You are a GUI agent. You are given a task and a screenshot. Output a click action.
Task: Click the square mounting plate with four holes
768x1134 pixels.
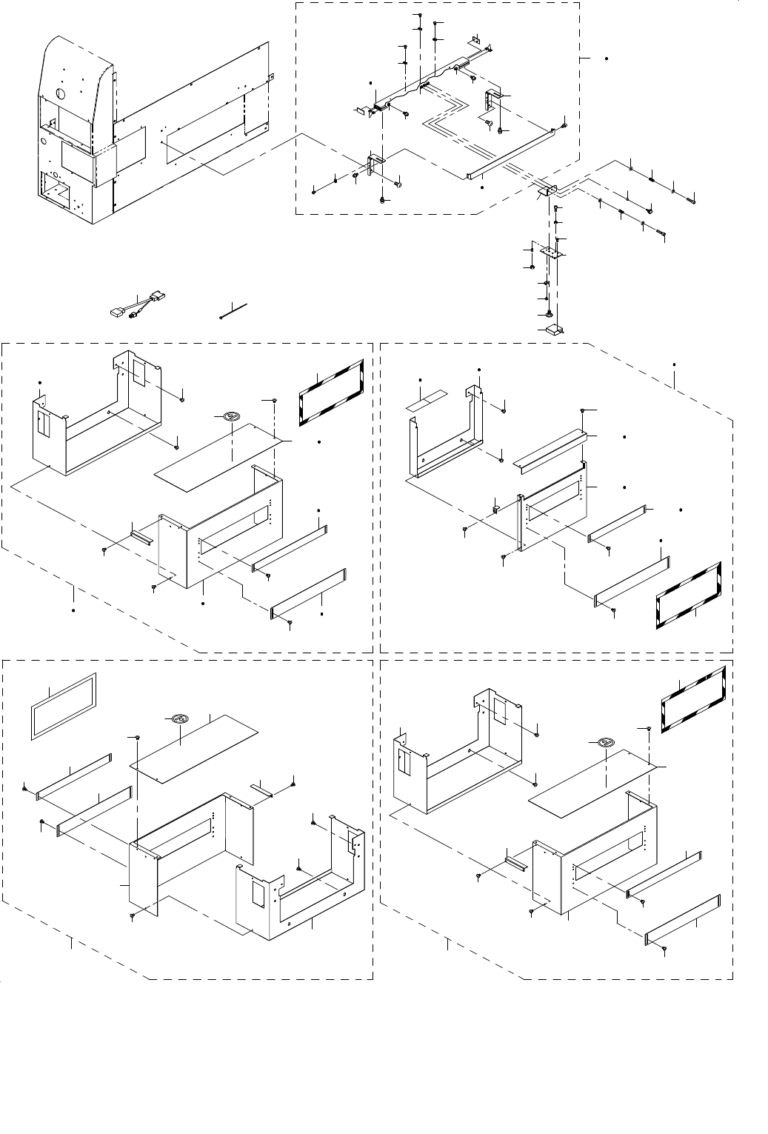tap(552, 252)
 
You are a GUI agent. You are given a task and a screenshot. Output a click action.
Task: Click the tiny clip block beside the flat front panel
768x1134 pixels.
tap(497, 507)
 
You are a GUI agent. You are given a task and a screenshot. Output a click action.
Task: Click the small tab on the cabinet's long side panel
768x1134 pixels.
tap(271, 75)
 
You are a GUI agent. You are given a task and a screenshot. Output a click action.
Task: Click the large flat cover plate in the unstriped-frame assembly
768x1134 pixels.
tap(196, 749)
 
